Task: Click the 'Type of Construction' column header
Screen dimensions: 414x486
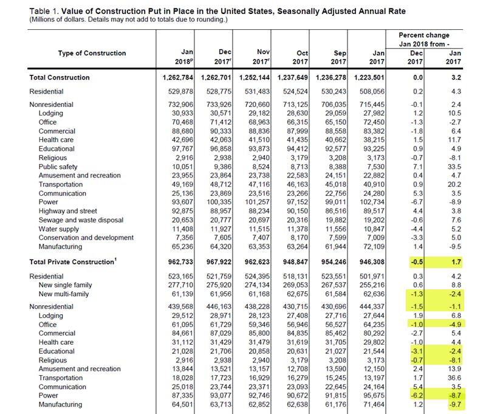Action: (x=92, y=53)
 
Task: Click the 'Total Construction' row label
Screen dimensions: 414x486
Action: (x=60, y=78)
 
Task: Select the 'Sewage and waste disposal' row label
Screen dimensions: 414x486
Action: (x=81, y=220)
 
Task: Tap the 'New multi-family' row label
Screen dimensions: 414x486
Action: (x=64, y=294)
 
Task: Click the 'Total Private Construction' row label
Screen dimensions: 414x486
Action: (x=72, y=261)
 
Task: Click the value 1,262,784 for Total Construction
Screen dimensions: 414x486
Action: (x=182, y=78)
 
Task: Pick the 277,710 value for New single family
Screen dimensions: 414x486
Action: (x=185, y=286)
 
